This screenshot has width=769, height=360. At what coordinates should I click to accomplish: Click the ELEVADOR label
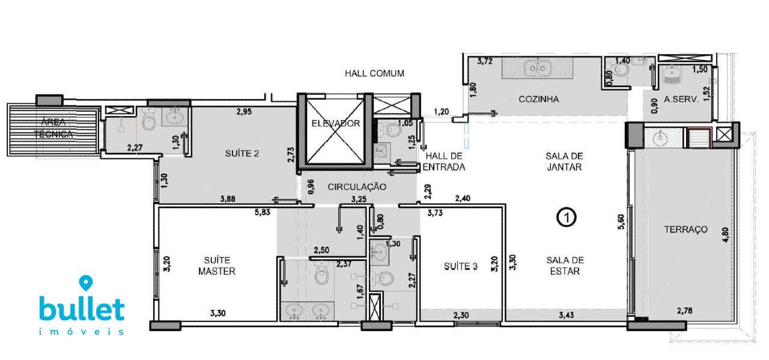[335, 123]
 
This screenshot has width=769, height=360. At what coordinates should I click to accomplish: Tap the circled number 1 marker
[567, 218]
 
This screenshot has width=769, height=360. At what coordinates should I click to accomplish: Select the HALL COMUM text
[374, 73]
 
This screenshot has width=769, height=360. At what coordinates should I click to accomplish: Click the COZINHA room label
[539, 99]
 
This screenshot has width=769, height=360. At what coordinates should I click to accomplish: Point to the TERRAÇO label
[685, 229]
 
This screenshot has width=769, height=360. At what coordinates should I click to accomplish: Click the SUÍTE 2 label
[242, 153]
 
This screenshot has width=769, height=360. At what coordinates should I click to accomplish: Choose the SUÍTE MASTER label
[217, 266]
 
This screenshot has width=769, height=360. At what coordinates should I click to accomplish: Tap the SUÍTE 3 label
[461, 266]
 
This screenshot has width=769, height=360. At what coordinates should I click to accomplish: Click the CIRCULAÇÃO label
[357, 186]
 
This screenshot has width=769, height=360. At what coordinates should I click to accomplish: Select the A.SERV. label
[681, 100]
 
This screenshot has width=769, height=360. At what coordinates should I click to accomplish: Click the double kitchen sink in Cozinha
[537, 68]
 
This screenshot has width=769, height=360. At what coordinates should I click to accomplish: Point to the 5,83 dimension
[263, 213]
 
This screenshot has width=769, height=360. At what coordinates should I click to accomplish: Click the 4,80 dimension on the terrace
[725, 235]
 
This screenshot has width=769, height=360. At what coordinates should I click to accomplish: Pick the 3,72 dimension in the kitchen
[485, 62]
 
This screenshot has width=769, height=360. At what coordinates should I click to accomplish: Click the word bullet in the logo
[82, 309]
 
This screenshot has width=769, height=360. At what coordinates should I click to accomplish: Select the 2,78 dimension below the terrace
[684, 311]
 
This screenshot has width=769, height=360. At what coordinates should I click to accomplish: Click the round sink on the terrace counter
[660, 138]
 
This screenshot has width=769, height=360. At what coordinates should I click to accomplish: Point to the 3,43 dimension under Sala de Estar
[566, 315]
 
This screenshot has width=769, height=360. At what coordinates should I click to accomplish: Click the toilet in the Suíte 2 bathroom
[148, 120]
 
